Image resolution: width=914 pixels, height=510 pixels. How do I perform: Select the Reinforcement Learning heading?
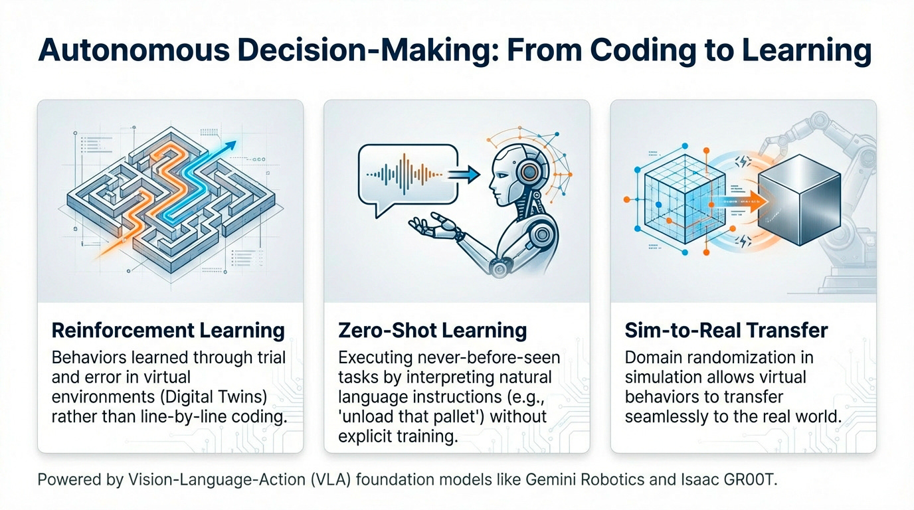168,330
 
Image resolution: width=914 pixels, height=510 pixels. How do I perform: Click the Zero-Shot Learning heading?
432,330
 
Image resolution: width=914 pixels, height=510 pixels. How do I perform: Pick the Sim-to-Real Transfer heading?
727,330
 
